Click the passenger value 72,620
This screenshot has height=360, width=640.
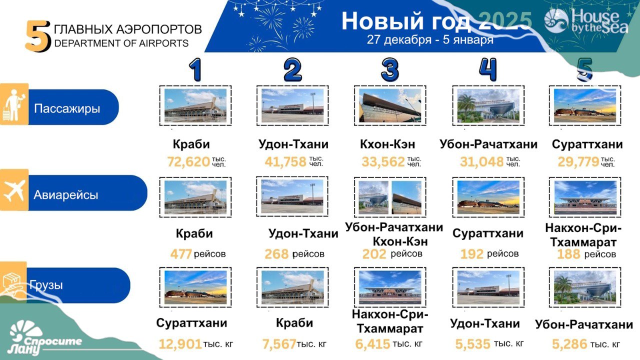[188, 161]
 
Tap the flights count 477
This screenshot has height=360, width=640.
[181, 254]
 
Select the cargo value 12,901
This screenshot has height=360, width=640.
[180, 344]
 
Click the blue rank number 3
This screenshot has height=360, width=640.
[390, 70]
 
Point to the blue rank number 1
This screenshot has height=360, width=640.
[195, 70]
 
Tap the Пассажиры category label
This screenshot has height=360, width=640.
[67, 108]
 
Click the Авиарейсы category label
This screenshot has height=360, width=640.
[66, 195]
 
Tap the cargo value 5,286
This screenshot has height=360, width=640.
[569, 344]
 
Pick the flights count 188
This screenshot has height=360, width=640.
[568, 254]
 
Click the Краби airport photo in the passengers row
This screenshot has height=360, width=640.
[195, 105]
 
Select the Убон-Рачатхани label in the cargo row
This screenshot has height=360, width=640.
[584, 325]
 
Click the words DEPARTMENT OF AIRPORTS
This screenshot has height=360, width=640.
[121, 43]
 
